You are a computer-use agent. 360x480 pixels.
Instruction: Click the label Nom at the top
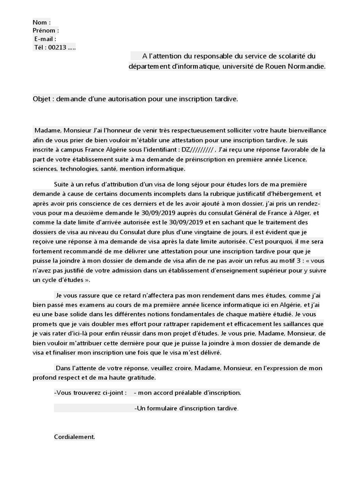39,22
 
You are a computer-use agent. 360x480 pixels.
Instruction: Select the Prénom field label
44,30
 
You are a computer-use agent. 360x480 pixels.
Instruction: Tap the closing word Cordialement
75,437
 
